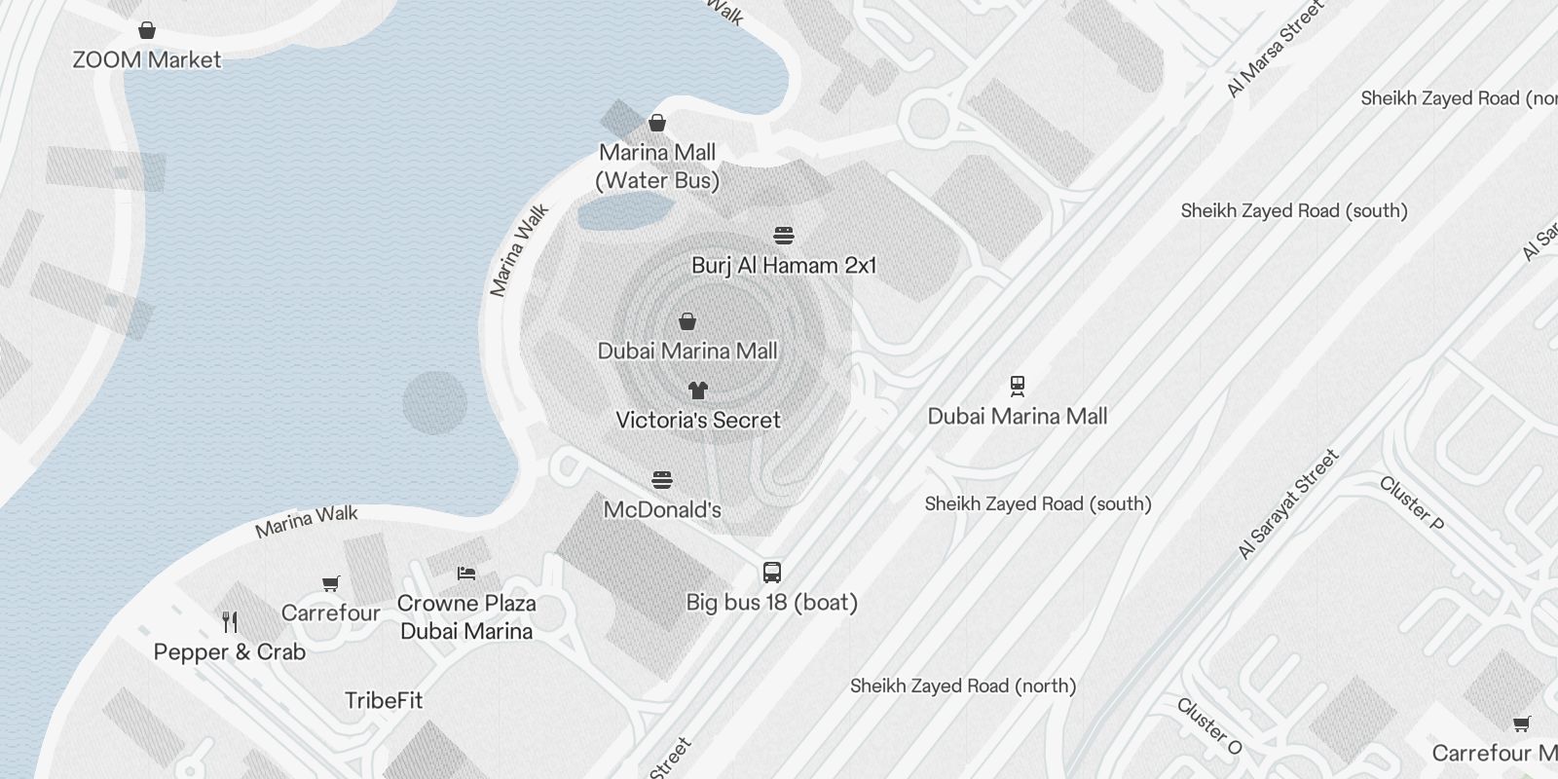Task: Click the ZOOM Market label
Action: pos(147,59)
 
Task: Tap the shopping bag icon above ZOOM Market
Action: pos(147,30)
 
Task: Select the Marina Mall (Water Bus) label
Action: pos(657,167)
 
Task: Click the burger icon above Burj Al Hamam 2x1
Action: pos(784,236)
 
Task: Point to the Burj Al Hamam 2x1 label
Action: pos(784,266)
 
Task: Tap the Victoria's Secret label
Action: pos(698,421)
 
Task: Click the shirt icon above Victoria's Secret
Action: pos(697,390)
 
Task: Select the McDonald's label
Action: pos(662,509)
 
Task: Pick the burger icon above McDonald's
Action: pos(662,480)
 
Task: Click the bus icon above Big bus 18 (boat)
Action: pos(772,572)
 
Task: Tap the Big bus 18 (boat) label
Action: pos(772,603)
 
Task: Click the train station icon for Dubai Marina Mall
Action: pos(1018,387)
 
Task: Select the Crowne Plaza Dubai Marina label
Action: pos(466,617)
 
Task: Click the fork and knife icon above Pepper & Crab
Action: pos(230,621)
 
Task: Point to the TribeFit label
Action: pos(384,700)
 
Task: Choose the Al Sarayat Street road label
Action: pos(1288,504)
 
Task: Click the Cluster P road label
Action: pos(1411,502)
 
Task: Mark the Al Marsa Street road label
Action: pos(1276,49)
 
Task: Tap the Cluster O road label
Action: pos(1209,726)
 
